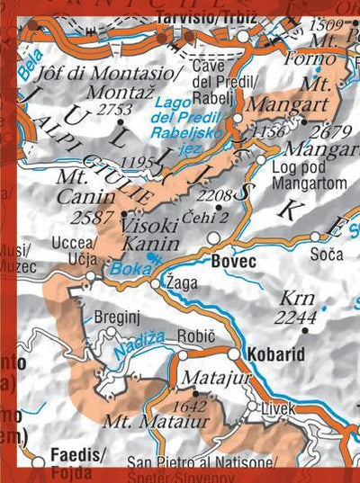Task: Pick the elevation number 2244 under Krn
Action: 298,318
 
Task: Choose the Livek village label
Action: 277,409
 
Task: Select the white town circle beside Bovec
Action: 213,237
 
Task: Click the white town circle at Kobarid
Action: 234,353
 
